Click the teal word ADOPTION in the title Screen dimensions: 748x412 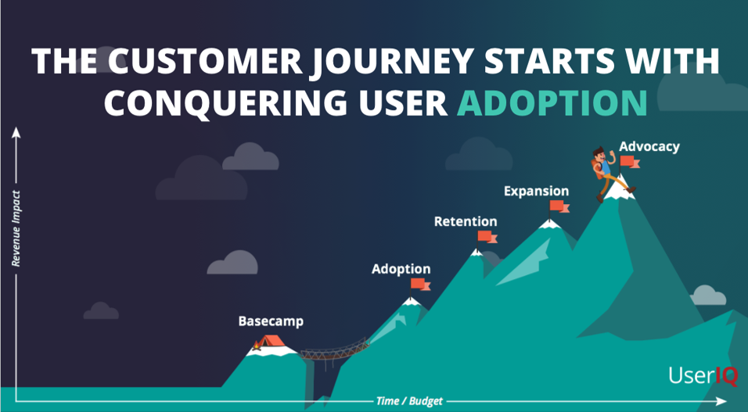(552, 101)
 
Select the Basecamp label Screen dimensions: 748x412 (271, 321)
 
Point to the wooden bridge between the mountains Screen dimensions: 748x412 (335, 350)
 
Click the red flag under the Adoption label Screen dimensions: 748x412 (420, 285)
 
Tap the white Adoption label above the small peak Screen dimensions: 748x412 (401, 269)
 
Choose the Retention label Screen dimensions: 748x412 (466, 221)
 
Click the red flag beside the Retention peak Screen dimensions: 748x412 (487, 237)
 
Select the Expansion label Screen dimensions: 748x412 (537, 192)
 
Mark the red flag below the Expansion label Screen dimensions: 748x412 (559, 206)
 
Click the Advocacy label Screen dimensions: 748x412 (649, 146)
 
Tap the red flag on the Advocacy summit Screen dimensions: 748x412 (629, 162)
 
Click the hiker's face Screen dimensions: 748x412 (599, 156)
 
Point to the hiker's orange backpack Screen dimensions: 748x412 (596, 170)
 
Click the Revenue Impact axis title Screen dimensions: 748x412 (16, 228)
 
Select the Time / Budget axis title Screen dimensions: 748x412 (409, 401)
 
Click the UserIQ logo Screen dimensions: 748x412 (703, 375)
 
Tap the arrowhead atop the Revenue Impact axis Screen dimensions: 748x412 (16, 132)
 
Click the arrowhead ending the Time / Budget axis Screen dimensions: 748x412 (721, 401)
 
